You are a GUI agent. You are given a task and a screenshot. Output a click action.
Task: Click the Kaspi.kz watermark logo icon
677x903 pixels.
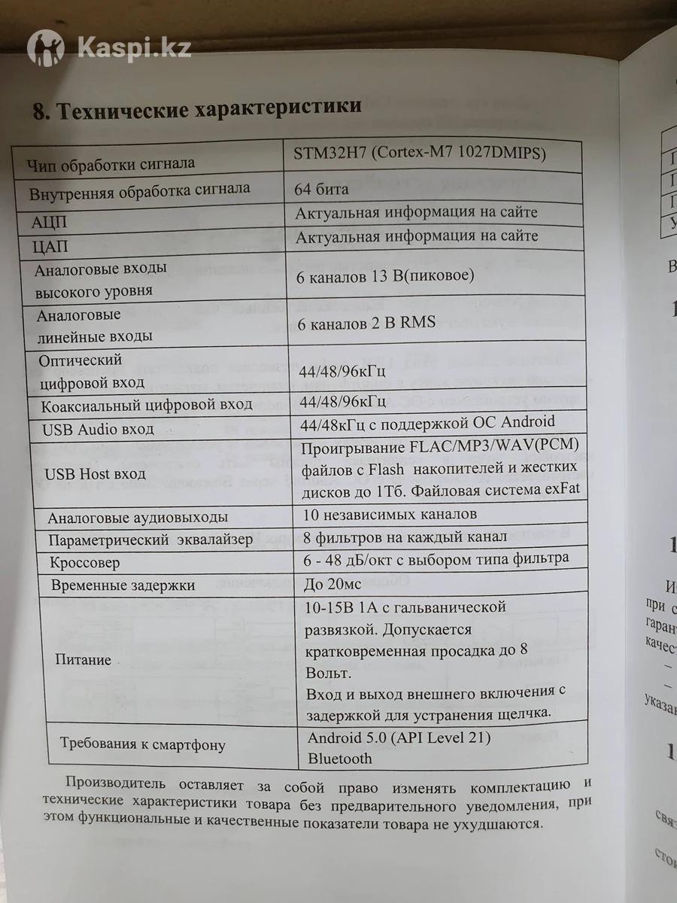point(46,48)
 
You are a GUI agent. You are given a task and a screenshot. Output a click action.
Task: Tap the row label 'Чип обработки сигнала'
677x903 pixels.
point(111,163)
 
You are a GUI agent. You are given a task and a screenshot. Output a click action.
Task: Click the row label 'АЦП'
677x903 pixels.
point(50,223)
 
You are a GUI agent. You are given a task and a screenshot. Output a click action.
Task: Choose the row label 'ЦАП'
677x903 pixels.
point(49,246)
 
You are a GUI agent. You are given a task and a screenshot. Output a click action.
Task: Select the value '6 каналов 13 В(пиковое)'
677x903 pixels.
point(386,277)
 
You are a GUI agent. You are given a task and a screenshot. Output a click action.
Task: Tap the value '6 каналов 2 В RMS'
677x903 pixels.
point(366,323)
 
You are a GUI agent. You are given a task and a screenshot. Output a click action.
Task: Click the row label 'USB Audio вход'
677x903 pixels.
point(99,429)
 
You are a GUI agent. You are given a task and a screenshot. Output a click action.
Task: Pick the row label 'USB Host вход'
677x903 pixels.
point(96,474)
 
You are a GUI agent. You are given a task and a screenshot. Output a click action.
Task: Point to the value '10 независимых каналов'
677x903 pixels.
point(389,515)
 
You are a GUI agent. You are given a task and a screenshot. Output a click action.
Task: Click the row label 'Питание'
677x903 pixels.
point(83,660)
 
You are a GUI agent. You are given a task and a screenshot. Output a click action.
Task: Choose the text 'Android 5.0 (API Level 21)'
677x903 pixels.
point(399,737)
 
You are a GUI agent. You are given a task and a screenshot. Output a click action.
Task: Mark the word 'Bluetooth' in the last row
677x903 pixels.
point(340,759)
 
